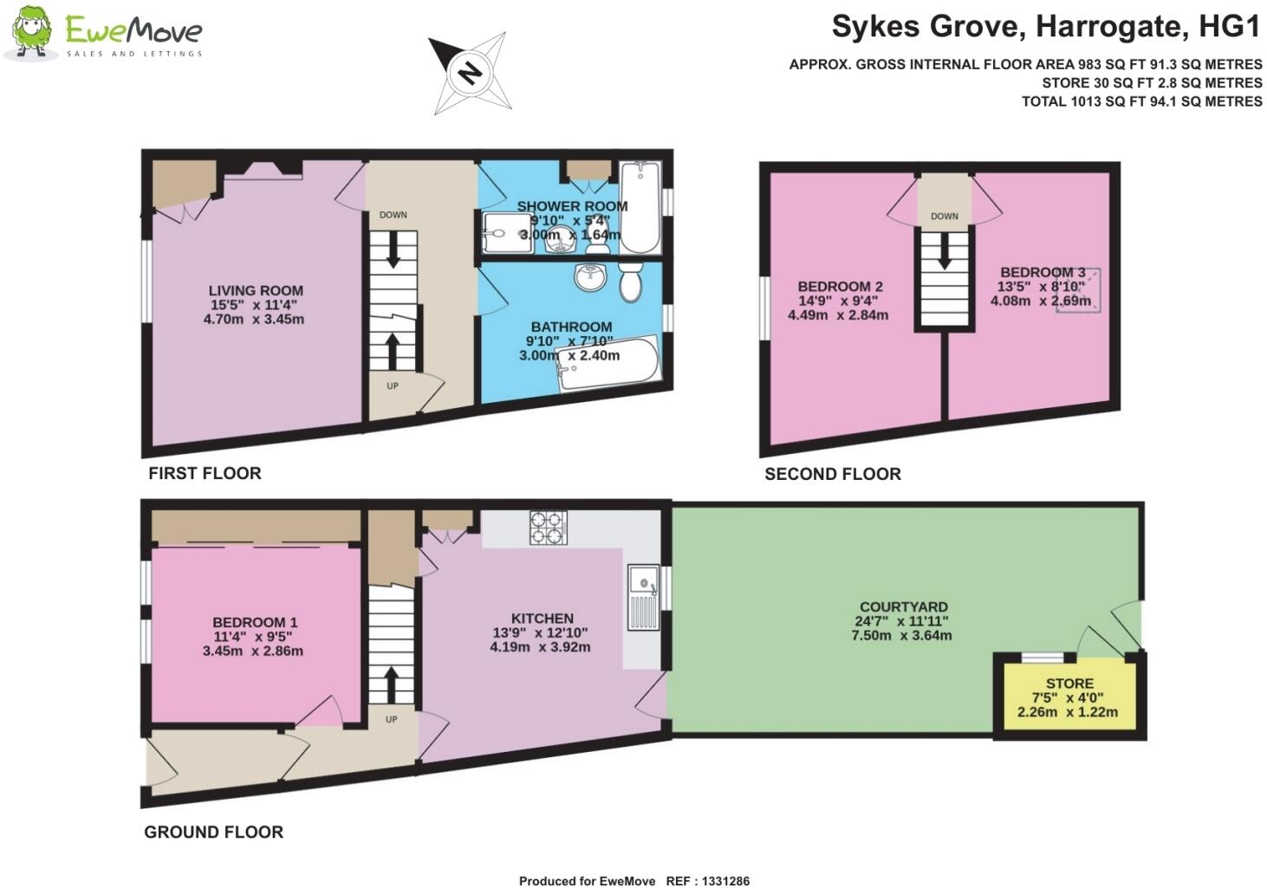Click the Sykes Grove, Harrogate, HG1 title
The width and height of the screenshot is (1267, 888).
click(1045, 27)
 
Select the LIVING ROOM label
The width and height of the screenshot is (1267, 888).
click(256, 291)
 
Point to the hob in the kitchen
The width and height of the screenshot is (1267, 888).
click(548, 528)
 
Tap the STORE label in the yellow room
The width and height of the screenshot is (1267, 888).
click(1069, 684)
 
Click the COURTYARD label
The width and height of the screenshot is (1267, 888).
click(903, 607)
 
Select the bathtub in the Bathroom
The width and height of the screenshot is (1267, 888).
click(608, 366)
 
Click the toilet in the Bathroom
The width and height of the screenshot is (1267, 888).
click(630, 282)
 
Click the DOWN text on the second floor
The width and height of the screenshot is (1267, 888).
click(944, 216)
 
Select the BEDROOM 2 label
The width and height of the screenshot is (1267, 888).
click(840, 287)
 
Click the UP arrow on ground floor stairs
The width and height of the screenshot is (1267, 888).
click(392, 683)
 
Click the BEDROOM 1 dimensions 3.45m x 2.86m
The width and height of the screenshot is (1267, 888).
click(253, 651)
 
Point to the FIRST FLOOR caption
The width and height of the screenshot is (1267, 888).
click(205, 473)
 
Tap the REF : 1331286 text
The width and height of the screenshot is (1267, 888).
click(707, 881)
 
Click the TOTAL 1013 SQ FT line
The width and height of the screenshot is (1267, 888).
click(1141, 101)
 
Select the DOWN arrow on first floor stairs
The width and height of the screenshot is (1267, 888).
click(393, 252)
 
